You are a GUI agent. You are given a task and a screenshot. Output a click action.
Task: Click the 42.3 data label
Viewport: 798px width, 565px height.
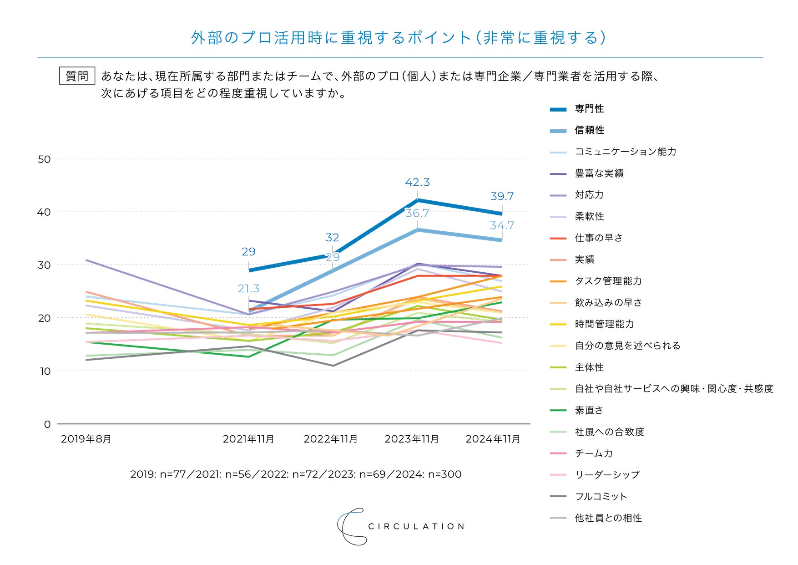(x=417, y=183)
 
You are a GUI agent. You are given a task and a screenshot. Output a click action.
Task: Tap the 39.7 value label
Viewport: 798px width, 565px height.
(x=502, y=197)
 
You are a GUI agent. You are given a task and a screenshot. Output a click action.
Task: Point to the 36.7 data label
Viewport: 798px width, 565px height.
(x=417, y=214)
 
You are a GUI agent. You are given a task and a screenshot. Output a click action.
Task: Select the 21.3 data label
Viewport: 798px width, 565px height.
(x=248, y=289)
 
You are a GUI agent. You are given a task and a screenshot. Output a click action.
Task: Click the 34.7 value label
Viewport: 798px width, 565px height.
(x=502, y=226)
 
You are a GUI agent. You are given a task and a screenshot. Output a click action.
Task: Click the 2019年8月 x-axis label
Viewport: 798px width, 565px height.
(x=86, y=439)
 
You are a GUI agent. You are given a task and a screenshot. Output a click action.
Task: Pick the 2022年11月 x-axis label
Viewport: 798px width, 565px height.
(x=331, y=439)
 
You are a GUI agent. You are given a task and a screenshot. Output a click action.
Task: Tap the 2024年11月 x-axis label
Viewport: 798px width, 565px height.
(x=493, y=439)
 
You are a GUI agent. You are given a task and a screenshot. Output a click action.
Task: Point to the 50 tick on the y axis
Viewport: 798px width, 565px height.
(x=44, y=159)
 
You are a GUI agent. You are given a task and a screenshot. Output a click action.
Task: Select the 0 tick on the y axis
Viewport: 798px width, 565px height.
(x=47, y=424)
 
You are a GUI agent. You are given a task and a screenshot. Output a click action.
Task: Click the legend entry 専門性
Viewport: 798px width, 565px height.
(x=589, y=109)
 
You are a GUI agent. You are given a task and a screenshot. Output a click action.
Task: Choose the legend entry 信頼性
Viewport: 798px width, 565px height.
(x=589, y=130)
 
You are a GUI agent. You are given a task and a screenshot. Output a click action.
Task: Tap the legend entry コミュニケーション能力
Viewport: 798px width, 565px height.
(x=626, y=152)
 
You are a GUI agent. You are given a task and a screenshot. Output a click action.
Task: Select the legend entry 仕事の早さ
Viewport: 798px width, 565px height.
(x=598, y=238)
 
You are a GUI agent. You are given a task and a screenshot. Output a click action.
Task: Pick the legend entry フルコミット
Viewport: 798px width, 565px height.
(x=601, y=496)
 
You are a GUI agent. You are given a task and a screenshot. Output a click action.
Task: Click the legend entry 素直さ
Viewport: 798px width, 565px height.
(x=589, y=410)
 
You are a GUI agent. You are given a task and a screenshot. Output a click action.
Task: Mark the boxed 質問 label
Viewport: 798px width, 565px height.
(x=77, y=76)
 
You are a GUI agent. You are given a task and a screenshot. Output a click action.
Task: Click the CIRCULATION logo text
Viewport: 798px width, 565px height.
(x=416, y=527)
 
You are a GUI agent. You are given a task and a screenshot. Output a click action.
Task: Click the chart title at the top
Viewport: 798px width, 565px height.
(x=399, y=38)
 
